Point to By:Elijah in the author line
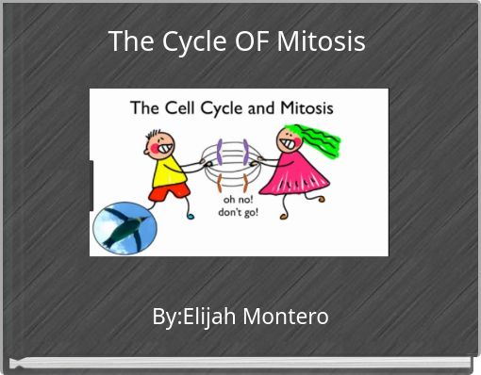point(194,317)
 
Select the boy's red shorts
point(169,193)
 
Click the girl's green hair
point(319,141)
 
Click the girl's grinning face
point(287,139)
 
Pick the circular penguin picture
point(124,226)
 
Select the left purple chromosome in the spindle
point(220,151)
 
